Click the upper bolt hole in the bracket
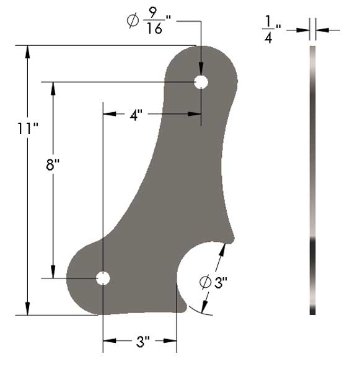tap(201, 82)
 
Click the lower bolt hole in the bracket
tap(103, 278)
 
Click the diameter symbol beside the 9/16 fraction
tap(132, 21)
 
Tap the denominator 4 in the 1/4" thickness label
tap(269, 38)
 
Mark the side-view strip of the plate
tap(312, 180)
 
